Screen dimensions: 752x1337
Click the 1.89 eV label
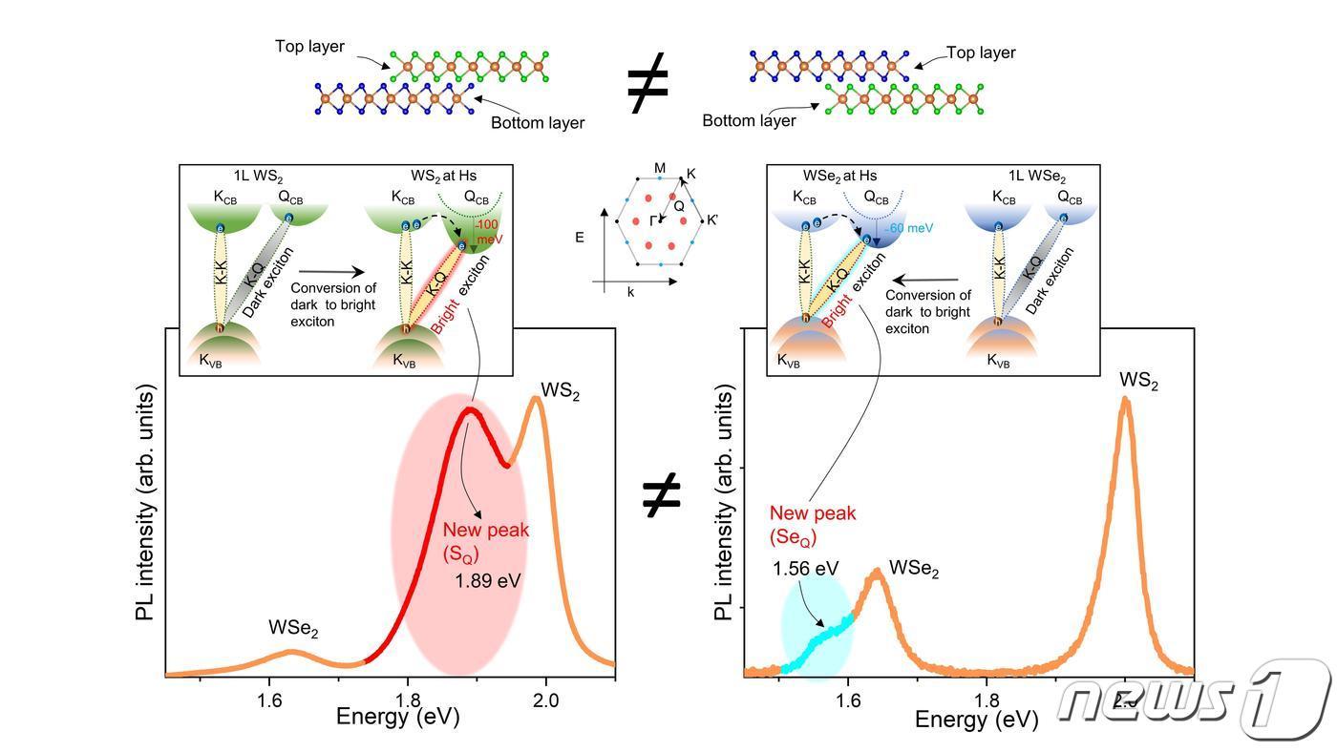click(x=487, y=578)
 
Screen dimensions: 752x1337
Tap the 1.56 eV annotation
click(x=806, y=569)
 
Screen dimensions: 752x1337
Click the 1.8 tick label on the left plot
click(x=408, y=697)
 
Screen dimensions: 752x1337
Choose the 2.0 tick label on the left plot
click(x=546, y=697)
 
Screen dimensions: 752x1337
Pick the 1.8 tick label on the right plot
click(x=987, y=698)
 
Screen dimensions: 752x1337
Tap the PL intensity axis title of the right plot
click(x=726, y=503)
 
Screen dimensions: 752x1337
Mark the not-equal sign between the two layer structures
click(x=647, y=84)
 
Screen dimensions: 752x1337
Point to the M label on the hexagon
click(x=660, y=169)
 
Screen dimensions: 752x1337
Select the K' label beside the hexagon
click(x=712, y=220)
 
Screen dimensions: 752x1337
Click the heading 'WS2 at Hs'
click(x=443, y=176)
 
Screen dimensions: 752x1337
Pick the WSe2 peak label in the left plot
click(x=293, y=631)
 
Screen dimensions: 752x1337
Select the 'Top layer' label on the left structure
click(x=309, y=46)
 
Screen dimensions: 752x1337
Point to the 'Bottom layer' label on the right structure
click(x=749, y=121)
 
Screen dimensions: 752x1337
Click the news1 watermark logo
click(x=1194, y=700)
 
